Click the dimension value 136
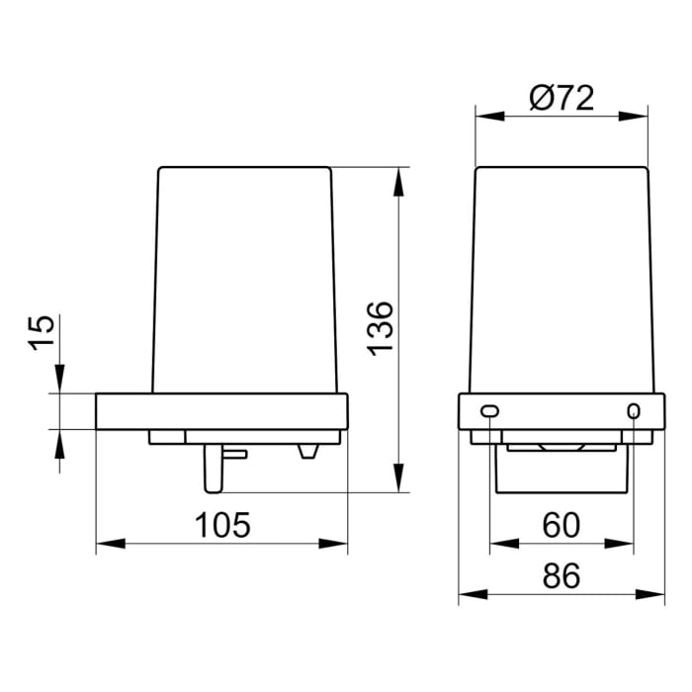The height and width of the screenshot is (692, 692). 382,327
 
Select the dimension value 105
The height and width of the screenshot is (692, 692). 222,525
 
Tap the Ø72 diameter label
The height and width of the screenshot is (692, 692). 561,98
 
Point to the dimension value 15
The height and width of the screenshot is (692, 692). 40,331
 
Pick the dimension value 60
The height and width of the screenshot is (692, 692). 561,525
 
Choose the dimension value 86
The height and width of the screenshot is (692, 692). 561,577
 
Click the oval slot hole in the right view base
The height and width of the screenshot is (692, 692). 489,410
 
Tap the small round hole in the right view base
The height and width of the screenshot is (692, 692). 634,410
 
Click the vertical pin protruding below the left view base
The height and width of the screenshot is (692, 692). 213,467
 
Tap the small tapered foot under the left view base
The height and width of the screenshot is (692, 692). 308,451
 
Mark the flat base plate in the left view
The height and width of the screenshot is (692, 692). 221,411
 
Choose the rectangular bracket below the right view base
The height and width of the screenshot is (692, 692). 562,470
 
